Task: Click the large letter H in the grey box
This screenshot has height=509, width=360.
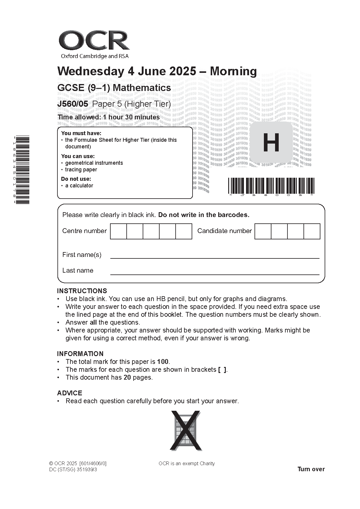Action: pos(271,143)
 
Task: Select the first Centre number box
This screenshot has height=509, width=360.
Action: pos(118,231)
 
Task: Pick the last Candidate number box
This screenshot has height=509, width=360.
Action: pos(312,231)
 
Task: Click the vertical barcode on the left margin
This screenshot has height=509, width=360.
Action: pos(22,170)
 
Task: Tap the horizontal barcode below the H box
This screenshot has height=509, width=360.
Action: pos(271,186)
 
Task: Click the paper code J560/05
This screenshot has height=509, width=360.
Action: pos(73,104)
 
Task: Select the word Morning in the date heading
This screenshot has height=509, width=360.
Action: pos(233,71)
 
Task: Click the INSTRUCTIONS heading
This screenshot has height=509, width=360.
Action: pos(82,291)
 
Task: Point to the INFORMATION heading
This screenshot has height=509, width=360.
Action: pos(80,354)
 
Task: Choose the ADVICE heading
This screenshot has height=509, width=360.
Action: pos(70,393)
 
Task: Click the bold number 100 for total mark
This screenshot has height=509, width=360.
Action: pos(163,362)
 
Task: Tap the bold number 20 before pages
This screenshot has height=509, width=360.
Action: pos(127,378)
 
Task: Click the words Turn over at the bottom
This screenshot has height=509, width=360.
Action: pos(311,469)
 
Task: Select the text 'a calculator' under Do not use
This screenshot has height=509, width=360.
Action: pos(79,186)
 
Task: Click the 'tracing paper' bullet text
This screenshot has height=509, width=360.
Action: pos(81,170)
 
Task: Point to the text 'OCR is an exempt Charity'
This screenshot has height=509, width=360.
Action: pos(186,463)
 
